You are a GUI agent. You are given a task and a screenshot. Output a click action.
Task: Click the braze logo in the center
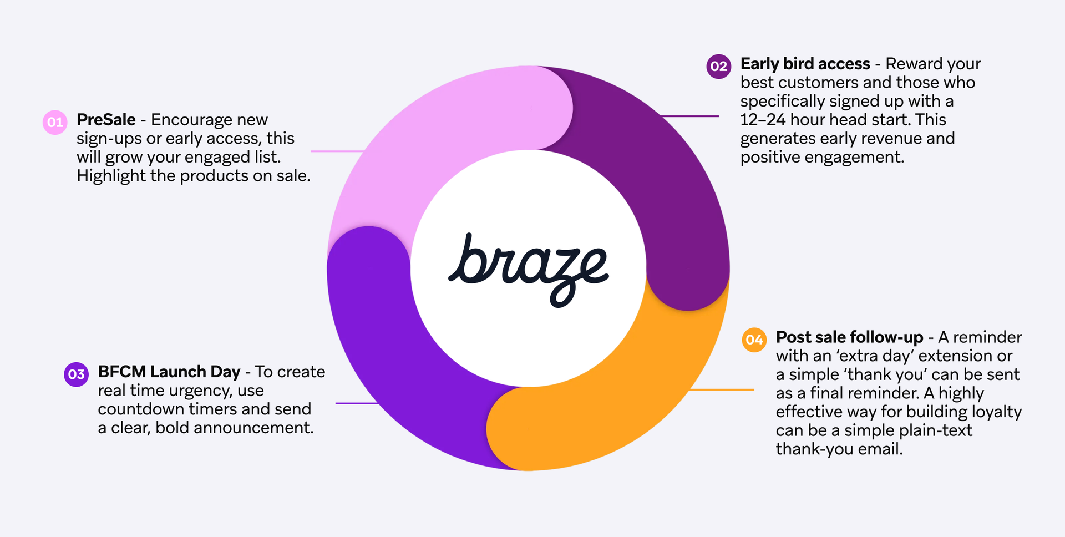[529, 268]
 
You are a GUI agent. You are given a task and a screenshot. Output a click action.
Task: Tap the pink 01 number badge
[55, 123]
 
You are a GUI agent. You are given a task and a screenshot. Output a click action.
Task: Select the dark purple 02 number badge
[718, 67]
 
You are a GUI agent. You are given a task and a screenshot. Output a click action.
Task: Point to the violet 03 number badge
[76, 374]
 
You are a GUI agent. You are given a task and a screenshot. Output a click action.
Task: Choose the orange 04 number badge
[754, 340]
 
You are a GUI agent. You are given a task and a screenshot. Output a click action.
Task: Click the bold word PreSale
[106, 120]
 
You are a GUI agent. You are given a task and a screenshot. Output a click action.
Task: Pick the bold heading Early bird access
[805, 64]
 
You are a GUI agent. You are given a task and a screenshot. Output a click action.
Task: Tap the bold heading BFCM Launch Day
[169, 372]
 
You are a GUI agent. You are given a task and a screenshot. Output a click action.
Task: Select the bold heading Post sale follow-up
[849, 337]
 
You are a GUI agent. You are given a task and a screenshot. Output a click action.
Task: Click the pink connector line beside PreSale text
[337, 151]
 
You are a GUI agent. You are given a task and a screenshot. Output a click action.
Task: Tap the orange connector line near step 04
[721, 389]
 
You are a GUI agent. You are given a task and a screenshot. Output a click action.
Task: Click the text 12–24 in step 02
[763, 120]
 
